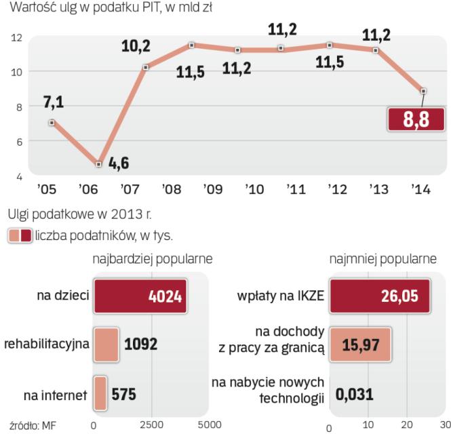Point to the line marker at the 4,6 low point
(x=99, y=164)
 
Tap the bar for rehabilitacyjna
(x=105, y=344)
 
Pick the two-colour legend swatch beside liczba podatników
(x=19, y=235)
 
